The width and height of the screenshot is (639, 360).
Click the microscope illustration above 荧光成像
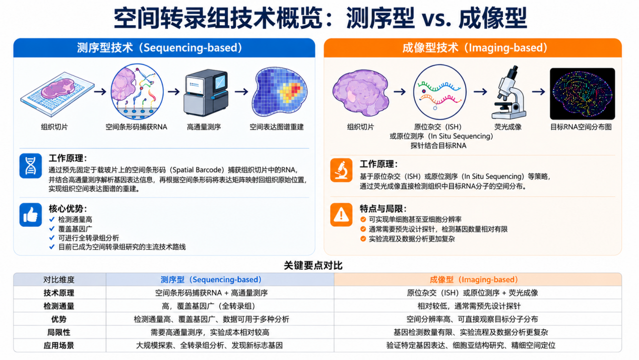pos(508,92)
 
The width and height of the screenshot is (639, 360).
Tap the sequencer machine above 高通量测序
pos(206,93)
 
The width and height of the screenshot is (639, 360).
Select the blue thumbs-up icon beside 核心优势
pos(31,215)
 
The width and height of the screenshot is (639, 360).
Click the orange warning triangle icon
pos(341,215)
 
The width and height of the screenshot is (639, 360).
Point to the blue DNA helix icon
pos(31,165)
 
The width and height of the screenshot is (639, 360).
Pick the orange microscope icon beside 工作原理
pos(341,170)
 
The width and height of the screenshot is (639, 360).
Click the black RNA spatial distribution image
pos(582,94)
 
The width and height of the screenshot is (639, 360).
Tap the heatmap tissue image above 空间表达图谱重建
pos(279,92)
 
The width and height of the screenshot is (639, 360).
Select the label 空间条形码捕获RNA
pos(137,127)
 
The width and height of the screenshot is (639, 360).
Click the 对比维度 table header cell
pos(59,279)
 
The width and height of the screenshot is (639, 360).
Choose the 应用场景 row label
pos(59,345)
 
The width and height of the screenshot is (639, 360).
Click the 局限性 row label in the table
pos(59,332)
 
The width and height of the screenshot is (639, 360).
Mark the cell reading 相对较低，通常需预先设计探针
pos(469,306)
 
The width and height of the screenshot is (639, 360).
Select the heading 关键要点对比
pos(313,266)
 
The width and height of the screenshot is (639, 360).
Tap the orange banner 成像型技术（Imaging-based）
pos(473,48)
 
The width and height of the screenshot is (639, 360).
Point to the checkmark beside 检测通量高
pos(52,219)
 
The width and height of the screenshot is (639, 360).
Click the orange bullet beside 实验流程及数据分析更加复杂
pos(363,238)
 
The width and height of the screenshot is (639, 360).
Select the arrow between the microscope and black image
pos(539,92)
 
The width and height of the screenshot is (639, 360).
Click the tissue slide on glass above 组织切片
pos(57,94)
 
